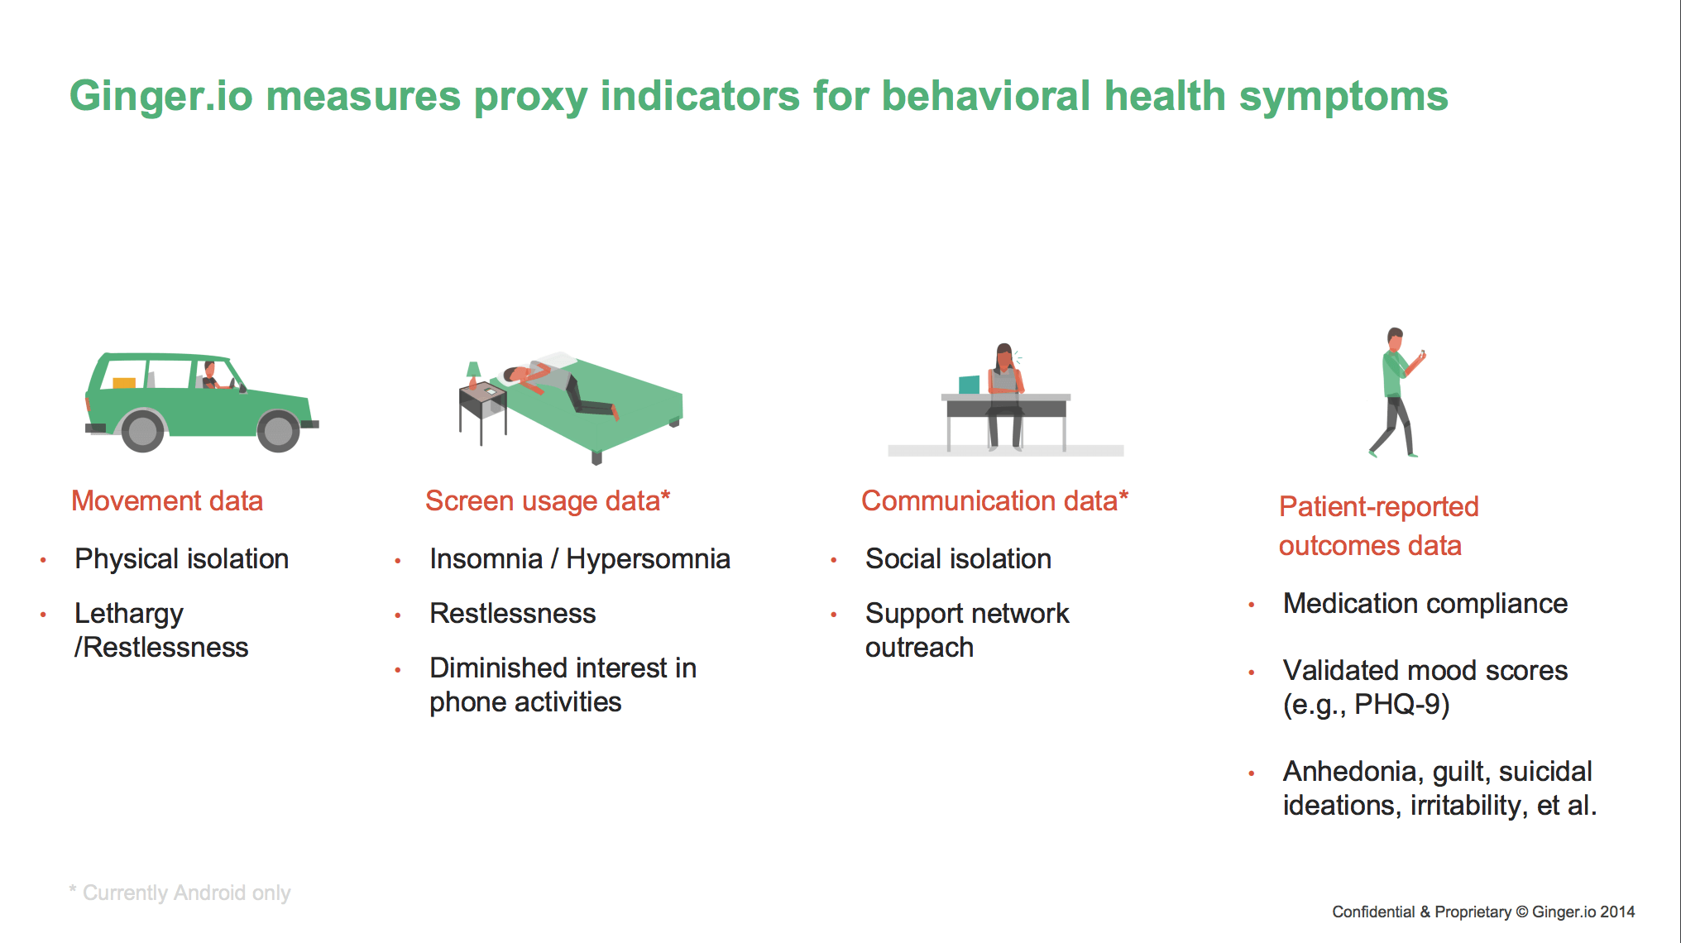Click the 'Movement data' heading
tap(167, 500)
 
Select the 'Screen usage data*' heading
tap(548, 500)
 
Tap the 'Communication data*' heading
tap(994, 500)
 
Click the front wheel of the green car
tap(278, 431)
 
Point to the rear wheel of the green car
tap(143, 430)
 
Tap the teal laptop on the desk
tap(969, 385)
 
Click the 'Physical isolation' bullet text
tap(181, 559)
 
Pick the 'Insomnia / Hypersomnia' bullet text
tap(579, 559)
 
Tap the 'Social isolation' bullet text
tap(958, 559)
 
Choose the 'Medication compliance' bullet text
tap(1425, 604)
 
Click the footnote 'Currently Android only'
tap(186, 893)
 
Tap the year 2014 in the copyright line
tap(1617, 912)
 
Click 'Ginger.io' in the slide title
tap(160, 96)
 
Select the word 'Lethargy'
tap(128, 615)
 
